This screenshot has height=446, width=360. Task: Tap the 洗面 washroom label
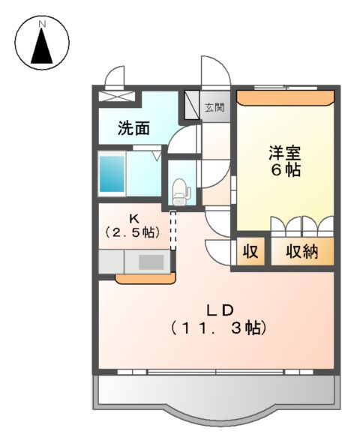click(133, 128)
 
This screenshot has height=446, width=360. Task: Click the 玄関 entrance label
click(214, 107)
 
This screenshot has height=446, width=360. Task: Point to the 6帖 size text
click(286, 171)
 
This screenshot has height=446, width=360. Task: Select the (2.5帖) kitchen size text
click(132, 232)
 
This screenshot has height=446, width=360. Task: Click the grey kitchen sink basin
click(153, 262)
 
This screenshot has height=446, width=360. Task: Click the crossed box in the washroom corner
click(118, 96)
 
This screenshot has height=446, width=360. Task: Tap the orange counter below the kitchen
click(145, 279)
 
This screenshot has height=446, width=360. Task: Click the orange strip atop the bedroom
click(285, 96)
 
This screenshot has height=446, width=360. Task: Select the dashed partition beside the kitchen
click(173, 229)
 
